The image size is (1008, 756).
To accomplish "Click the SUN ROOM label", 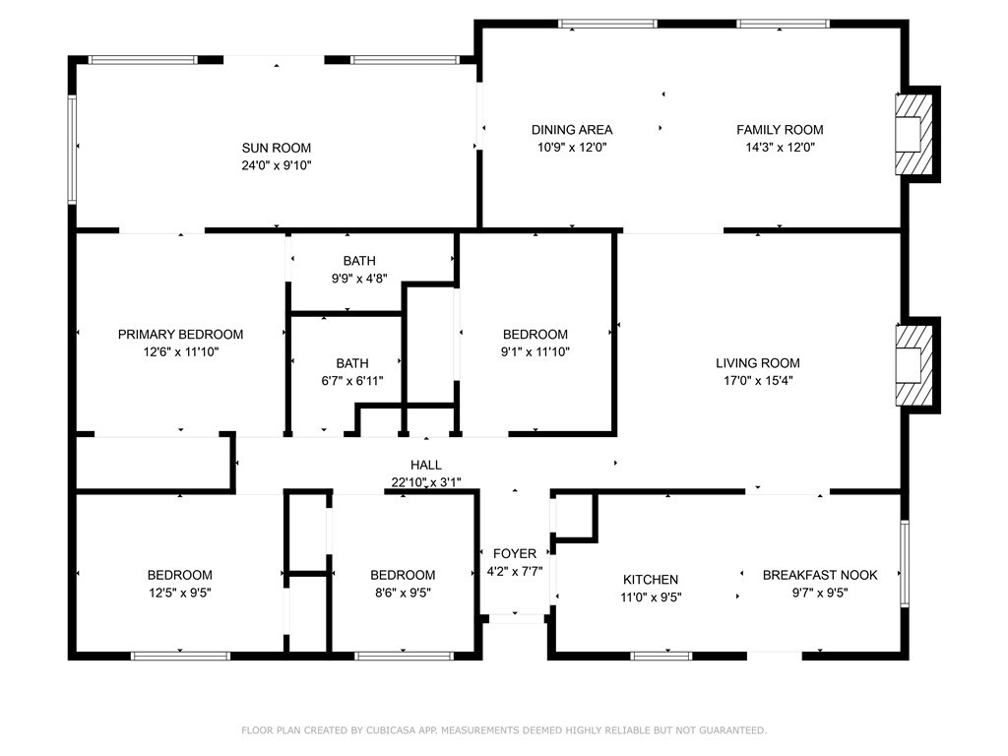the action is point(277,148).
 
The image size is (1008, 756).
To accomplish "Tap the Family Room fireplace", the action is point(913,134).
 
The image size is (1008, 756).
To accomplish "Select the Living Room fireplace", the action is point(913,365).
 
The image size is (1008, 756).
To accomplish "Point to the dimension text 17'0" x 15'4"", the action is point(758,381).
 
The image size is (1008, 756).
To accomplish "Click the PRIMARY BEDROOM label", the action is point(181,335).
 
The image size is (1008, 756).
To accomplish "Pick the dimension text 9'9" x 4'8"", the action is point(359,279).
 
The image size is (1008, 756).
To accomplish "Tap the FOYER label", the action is point(515,553).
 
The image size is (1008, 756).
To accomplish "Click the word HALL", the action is point(426,465).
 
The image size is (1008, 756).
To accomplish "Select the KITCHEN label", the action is point(651,580).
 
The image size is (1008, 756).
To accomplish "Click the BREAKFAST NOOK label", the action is point(820,575).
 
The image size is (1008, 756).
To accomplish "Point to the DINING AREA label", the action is point(572,130).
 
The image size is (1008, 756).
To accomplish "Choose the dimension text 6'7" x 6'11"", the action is point(352,381).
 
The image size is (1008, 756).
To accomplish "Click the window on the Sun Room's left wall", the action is point(72,150).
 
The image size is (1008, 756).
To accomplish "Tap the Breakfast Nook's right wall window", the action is point(905,564).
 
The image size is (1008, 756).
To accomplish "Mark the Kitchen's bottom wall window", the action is point(661,656).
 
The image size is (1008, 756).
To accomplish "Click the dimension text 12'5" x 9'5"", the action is point(180,593).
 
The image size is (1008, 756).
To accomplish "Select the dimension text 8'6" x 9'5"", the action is point(403,593).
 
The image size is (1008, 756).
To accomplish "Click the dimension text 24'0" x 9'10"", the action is point(277,165).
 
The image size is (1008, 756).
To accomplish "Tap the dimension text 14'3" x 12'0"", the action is point(781,148).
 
